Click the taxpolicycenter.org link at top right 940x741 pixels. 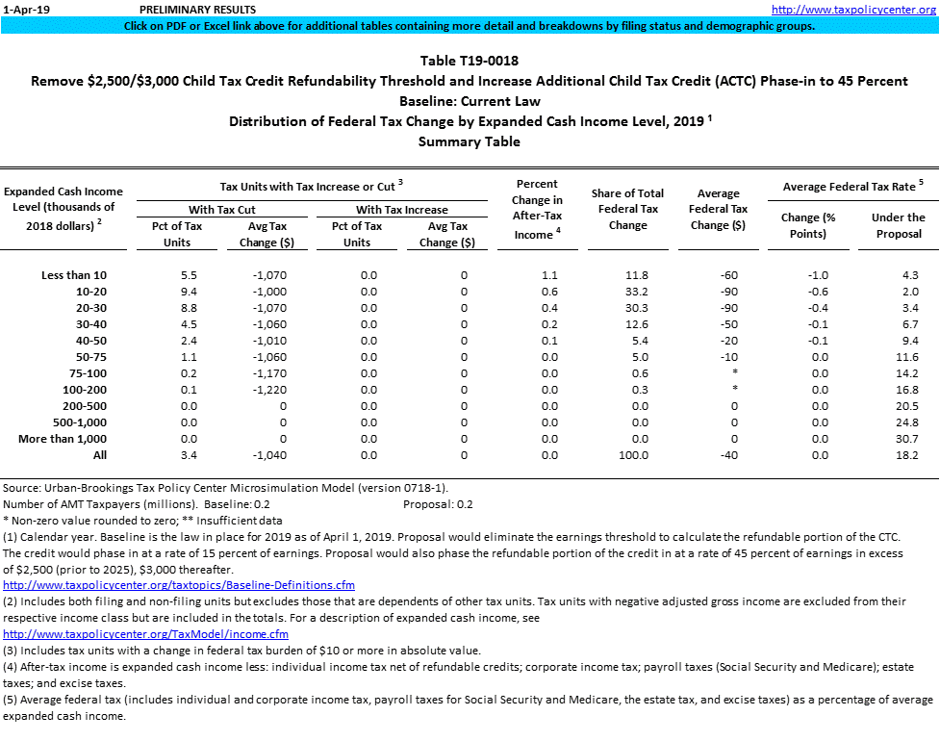tap(854, 9)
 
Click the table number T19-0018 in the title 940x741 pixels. tap(470, 61)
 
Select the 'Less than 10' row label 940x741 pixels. tap(74, 275)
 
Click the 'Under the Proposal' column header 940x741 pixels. tap(898, 225)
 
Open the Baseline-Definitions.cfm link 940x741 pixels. tap(179, 585)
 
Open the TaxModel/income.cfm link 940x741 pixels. tap(146, 634)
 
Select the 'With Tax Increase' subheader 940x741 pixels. tap(402, 209)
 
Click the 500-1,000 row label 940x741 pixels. tap(73, 422)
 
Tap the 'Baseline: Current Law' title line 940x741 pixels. tap(470, 101)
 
